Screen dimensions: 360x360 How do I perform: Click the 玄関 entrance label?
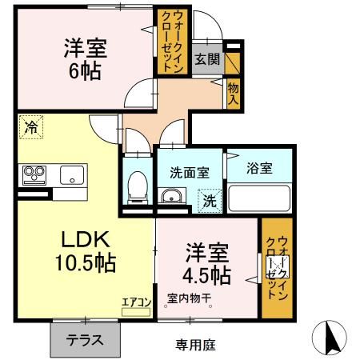(x=206, y=58)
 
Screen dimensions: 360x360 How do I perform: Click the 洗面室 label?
(x=189, y=171)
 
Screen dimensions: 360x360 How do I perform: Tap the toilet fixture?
(x=137, y=186)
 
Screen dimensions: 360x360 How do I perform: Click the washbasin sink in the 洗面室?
(x=170, y=197)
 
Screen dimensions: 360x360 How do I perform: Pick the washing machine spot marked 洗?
(x=207, y=199)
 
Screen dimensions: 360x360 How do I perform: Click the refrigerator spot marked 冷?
(x=30, y=126)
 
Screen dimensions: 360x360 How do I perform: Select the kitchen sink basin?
(x=73, y=174)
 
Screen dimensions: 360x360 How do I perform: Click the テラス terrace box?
(x=84, y=339)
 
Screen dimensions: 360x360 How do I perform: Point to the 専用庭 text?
(x=196, y=345)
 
